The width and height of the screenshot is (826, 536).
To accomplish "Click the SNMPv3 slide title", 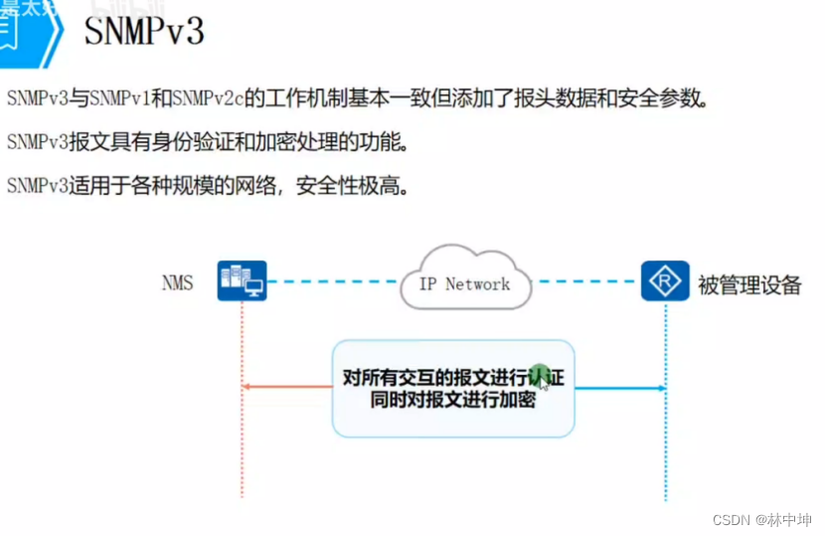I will click(x=143, y=31).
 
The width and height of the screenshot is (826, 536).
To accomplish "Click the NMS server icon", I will click(x=243, y=281).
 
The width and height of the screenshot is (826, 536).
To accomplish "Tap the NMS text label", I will click(x=177, y=283).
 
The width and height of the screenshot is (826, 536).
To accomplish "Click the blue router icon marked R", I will click(x=665, y=281).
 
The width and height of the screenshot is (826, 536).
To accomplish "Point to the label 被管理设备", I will click(x=749, y=285).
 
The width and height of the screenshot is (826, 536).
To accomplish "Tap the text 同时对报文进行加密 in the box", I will click(x=452, y=400).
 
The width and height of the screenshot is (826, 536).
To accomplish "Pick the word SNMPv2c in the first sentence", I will click(x=207, y=98).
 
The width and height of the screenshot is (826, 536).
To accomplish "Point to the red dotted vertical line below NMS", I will click(x=242, y=447).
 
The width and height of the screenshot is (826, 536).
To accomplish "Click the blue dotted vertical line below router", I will click(x=665, y=447).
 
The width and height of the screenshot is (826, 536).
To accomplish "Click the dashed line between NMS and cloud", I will click(x=333, y=281).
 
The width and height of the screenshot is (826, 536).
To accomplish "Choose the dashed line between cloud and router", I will click(x=586, y=281).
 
